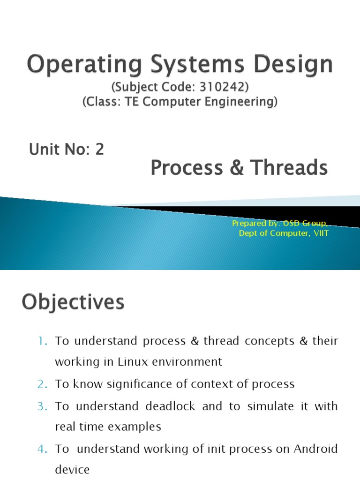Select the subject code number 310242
(x=225, y=88)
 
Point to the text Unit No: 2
(x=66, y=150)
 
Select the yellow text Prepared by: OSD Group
(x=280, y=224)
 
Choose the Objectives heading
(x=73, y=302)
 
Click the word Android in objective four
(x=315, y=449)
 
